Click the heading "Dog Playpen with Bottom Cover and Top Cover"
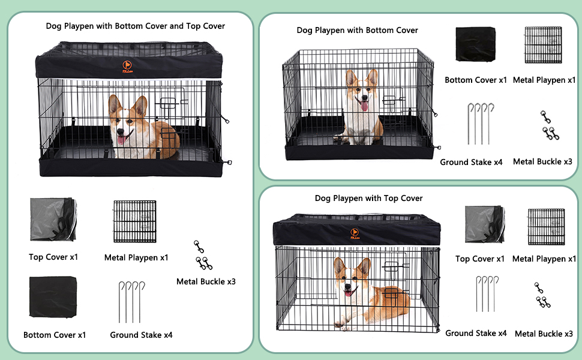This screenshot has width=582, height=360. click(x=136, y=26)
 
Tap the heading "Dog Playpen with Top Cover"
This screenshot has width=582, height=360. click(x=368, y=198)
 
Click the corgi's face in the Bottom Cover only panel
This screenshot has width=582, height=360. click(x=362, y=94)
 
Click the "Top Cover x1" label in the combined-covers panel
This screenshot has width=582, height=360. click(x=53, y=257)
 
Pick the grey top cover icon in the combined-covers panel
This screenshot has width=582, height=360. click(x=53, y=219)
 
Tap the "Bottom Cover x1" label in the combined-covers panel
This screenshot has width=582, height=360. click(x=55, y=335)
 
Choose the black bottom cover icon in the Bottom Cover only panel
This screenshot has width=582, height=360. click(x=475, y=45)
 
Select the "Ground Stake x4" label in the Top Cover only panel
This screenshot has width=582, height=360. click(x=476, y=333)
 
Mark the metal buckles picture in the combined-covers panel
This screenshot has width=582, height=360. click(x=203, y=255)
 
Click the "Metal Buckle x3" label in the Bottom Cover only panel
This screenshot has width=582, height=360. click(x=542, y=161)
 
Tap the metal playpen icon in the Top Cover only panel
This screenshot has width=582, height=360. click(x=546, y=227)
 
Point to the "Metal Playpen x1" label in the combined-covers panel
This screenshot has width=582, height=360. click(x=136, y=257)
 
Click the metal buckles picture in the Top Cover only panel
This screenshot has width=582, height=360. click(x=542, y=295)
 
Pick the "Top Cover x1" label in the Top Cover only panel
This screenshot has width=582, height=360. click(x=479, y=259)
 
